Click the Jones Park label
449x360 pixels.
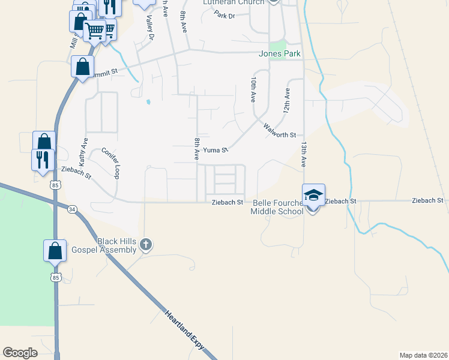tap(279, 54)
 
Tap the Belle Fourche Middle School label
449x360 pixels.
tap(278, 207)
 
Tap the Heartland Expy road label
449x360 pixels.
tap(184, 331)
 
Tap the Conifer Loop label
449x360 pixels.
tap(112, 163)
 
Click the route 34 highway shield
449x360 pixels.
tap(73, 209)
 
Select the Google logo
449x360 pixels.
tap(20, 352)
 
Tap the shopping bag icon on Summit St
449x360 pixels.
tap(82, 67)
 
